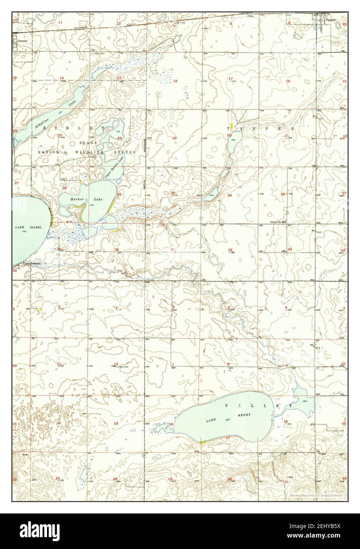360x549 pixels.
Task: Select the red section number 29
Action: click(x=229, y=195)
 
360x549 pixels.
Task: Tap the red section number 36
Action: click(x=116, y=249)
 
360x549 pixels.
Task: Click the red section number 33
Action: click(x=289, y=249)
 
